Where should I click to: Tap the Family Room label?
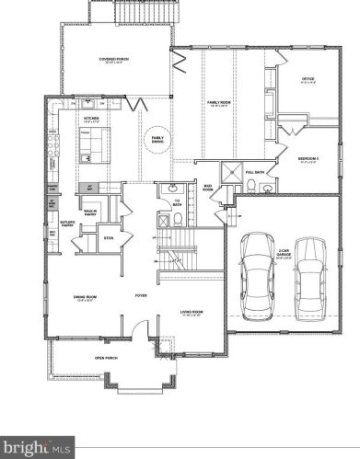(x=218, y=103)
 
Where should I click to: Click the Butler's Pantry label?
(x=66, y=224)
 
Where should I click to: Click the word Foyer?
(x=141, y=295)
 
